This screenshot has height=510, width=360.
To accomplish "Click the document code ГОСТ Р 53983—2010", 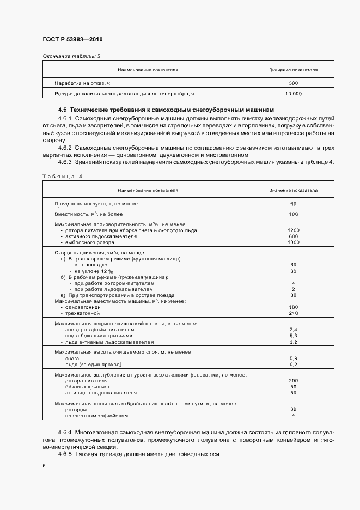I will pos(72,40).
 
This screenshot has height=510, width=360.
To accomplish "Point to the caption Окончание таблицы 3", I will pos(71,56).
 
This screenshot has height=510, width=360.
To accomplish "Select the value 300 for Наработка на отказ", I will pos(293,83).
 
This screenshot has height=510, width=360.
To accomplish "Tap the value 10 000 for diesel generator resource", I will pos(293,94).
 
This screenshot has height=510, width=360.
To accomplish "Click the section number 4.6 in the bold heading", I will pos(62,111).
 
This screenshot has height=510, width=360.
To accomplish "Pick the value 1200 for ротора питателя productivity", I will pos(293,231).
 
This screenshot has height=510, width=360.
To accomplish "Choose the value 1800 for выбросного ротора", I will pos(293,243).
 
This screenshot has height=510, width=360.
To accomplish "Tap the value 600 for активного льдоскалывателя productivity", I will pos(293,237).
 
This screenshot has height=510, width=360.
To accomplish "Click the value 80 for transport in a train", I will pos(293,295).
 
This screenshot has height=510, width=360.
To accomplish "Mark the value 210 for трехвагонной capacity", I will pos(293,314).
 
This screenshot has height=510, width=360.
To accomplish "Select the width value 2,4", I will pos(293,330).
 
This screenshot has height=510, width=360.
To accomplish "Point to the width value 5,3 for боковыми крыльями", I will pos(293,336).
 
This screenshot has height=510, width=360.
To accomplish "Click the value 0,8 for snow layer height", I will pos(293,359).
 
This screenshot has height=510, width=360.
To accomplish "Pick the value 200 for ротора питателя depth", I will pos(293,381).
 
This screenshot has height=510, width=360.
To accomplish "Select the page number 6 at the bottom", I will pos(44,466).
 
